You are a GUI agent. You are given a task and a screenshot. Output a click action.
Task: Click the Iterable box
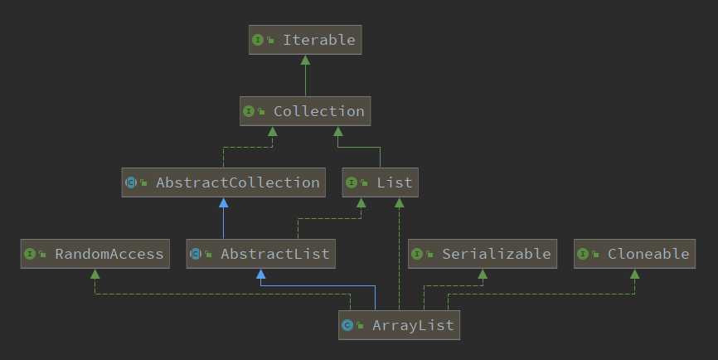point(305,40)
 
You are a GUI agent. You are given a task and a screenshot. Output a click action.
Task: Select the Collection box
point(304,111)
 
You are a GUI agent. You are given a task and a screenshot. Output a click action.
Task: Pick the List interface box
point(381,182)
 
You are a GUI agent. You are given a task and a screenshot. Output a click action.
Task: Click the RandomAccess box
point(95,254)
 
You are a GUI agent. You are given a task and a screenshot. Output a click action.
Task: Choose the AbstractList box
point(261,254)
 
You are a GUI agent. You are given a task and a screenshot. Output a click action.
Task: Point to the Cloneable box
point(635,254)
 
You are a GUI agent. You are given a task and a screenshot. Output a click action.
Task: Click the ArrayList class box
point(400,325)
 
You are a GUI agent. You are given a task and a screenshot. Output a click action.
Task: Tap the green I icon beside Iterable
point(258,40)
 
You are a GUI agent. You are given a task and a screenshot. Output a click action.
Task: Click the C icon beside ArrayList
point(348,325)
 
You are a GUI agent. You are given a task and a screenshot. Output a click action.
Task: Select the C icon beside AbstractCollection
point(131,182)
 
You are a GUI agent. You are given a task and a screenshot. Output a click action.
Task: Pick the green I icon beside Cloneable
point(583,254)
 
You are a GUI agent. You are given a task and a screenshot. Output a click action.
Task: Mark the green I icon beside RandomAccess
point(31,254)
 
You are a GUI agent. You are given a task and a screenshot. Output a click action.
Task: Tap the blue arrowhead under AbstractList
point(261,275)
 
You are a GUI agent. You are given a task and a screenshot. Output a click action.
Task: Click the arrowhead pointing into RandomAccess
point(95,275)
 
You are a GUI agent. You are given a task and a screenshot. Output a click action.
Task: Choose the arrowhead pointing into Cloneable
point(635,275)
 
